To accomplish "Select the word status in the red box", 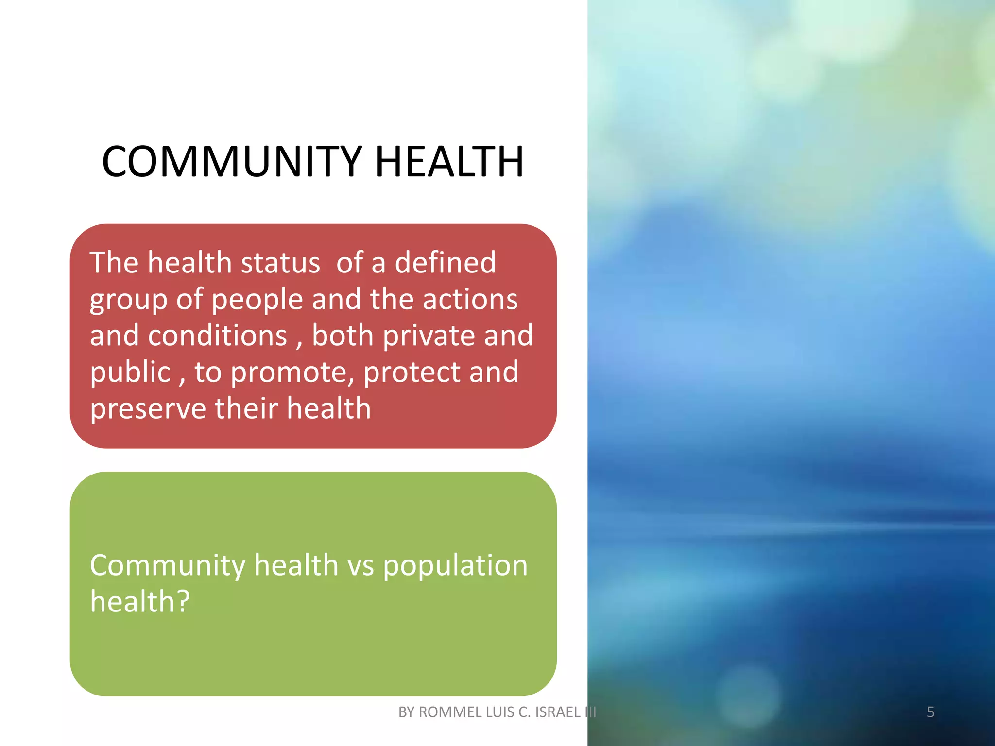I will pyautogui.click(x=280, y=263).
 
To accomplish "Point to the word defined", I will pyautogui.click(x=445, y=263).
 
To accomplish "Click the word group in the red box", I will pyautogui.click(x=128, y=300).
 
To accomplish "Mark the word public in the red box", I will pyautogui.click(x=130, y=373).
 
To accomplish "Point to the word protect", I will pyautogui.click(x=411, y=373).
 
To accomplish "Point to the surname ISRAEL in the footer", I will pyautogui.click(x=557, y=712).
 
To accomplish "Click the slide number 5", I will pyautogui.click(x=930, y=712).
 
